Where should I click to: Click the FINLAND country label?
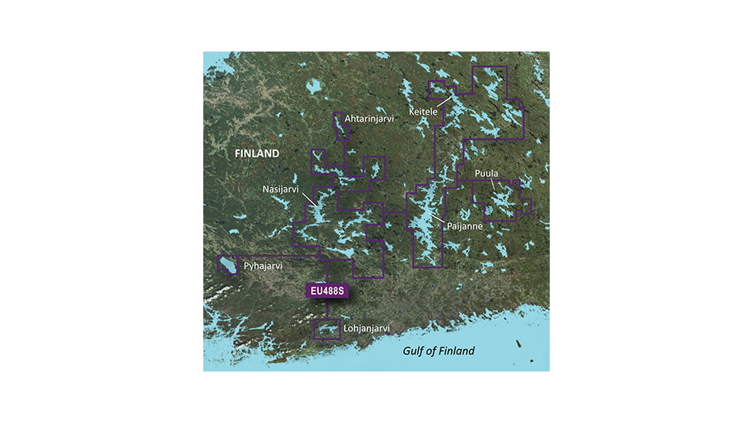tap(257, 154)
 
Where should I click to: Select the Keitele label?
tap(423, 112)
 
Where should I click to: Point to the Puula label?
tap(487, 173)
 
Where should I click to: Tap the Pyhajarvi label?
tap(263, 267)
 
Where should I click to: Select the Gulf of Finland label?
tap(439, 351)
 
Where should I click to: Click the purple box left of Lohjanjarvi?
tap(327, 329)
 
